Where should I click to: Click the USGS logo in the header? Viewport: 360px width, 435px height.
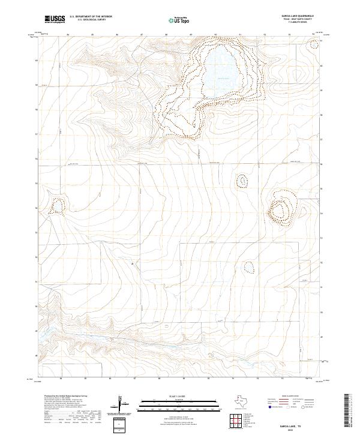[x=55, y=20]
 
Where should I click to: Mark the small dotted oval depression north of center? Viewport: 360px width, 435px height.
[x=242, y=180]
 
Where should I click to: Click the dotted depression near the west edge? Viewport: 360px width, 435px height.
[x=56, y=207]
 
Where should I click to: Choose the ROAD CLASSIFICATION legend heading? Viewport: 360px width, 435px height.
[x=293, y=397]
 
